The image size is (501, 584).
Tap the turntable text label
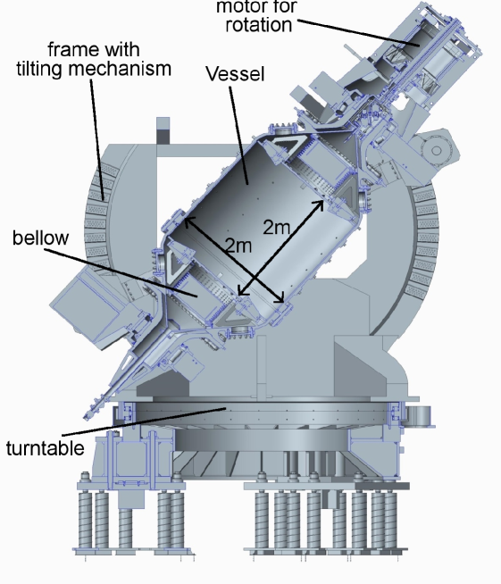[x=44, y=447]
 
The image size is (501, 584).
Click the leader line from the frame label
[x=96, y=134]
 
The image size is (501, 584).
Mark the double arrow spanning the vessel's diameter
[x=234, y=262]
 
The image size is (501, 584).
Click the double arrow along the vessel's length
[x=280, y=246]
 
